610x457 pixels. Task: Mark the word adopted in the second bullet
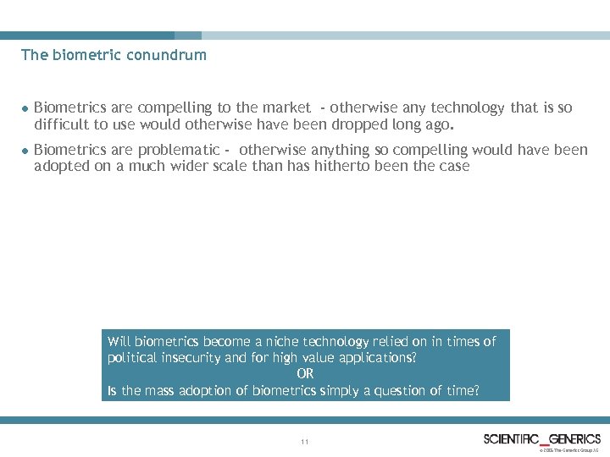point(60,166)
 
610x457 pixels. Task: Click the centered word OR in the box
point(305,373)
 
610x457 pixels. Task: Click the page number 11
point(305,442)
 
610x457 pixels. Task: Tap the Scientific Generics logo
point(542,438)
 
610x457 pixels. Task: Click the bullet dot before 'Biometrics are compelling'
point(25,108)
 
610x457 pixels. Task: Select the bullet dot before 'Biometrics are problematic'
point(25,151)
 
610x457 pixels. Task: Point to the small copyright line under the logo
point(568,450)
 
